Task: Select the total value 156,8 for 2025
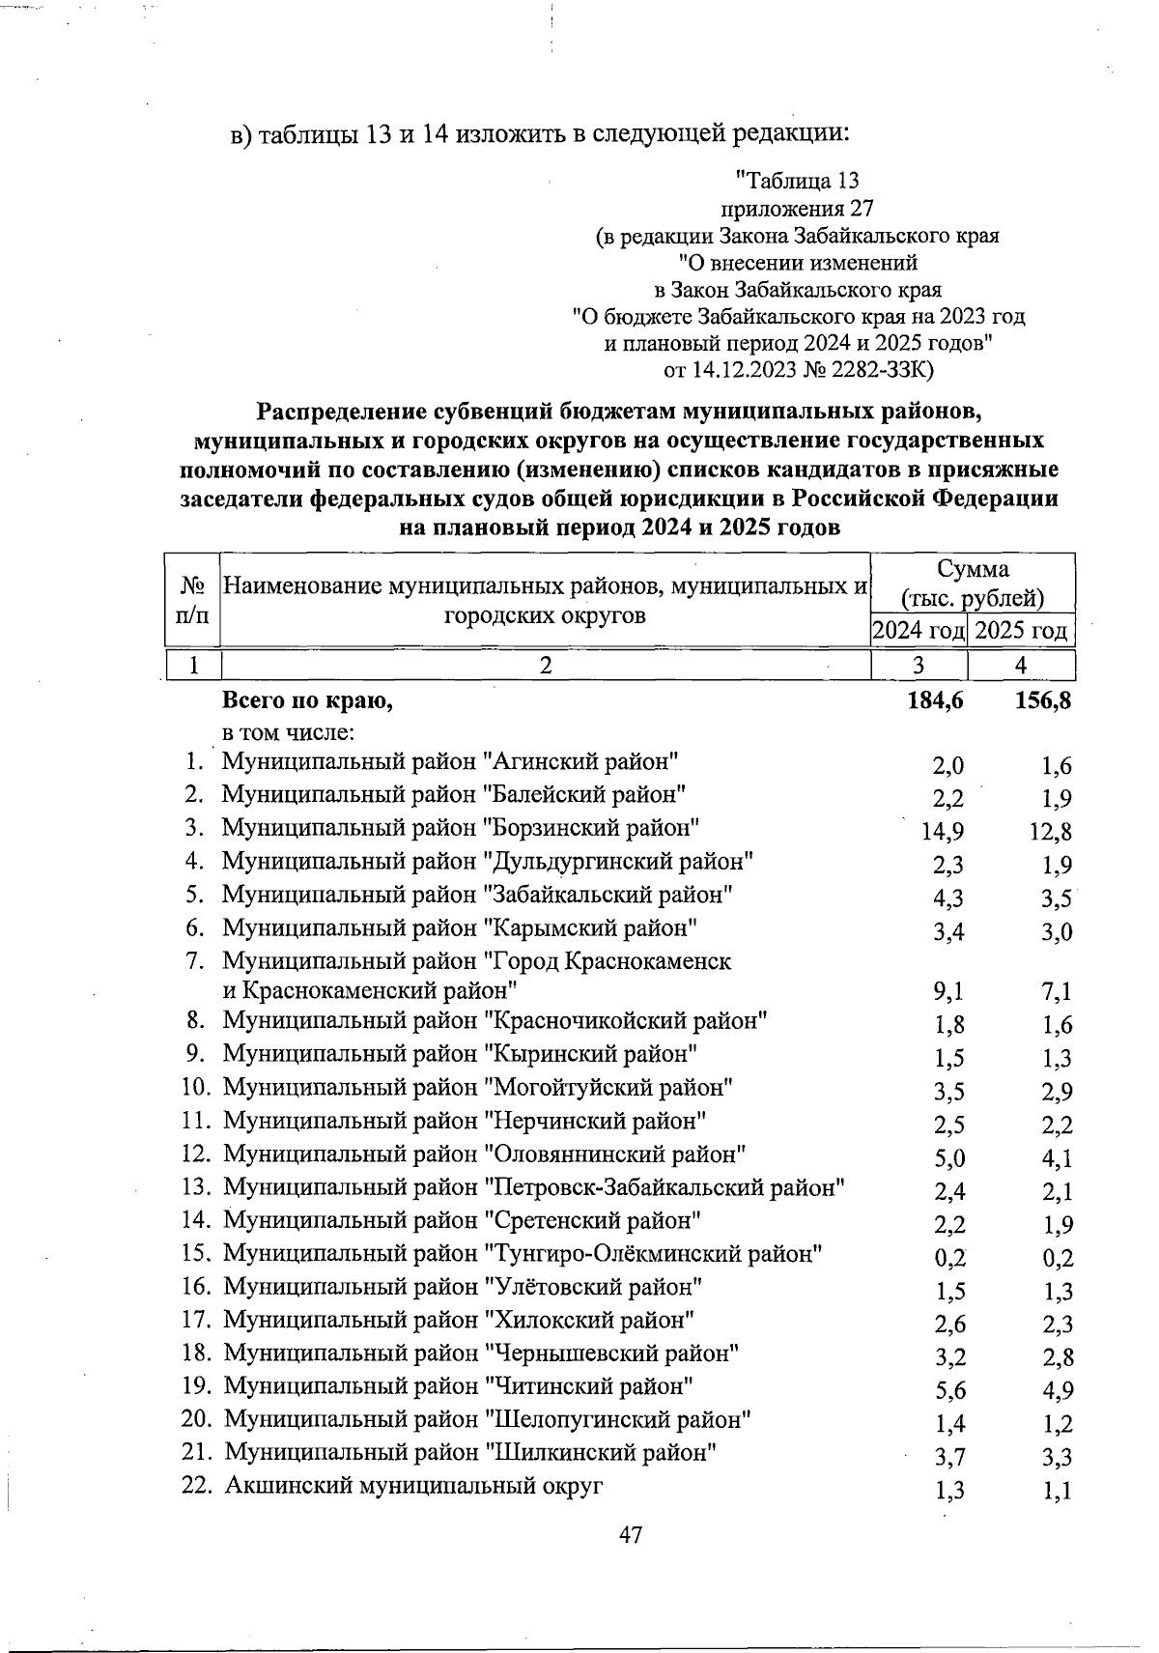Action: (1042, 702)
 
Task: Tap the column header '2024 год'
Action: (919, 632)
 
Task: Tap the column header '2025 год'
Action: (1022, 632)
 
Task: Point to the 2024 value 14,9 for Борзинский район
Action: (943, 832)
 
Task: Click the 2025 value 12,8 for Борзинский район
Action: (1050, 832)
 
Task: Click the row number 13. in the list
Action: (197, 1187)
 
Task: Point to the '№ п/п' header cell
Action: (193, 599)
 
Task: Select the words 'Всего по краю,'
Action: (308, 701)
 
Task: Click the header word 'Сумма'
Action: (973, 570)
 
